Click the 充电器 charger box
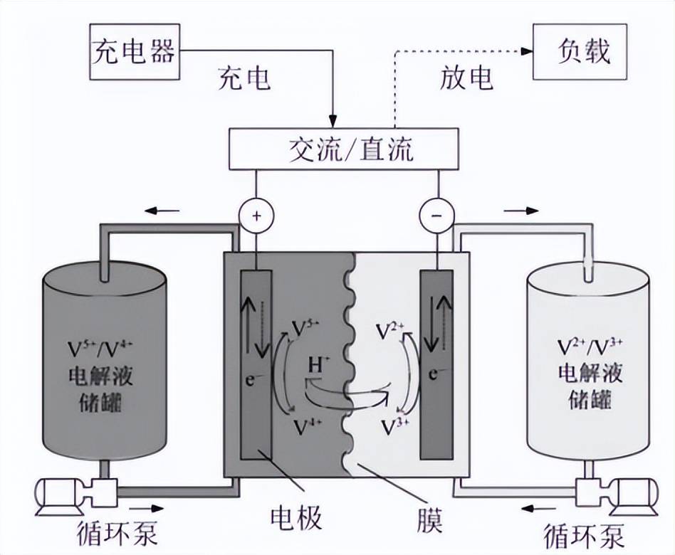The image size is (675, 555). (x=133, y=51)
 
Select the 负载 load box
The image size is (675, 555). (x=581, y=51)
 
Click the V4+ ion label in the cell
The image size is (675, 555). (x=307, y=425)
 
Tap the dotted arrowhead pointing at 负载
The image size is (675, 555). (x=528, y=51)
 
